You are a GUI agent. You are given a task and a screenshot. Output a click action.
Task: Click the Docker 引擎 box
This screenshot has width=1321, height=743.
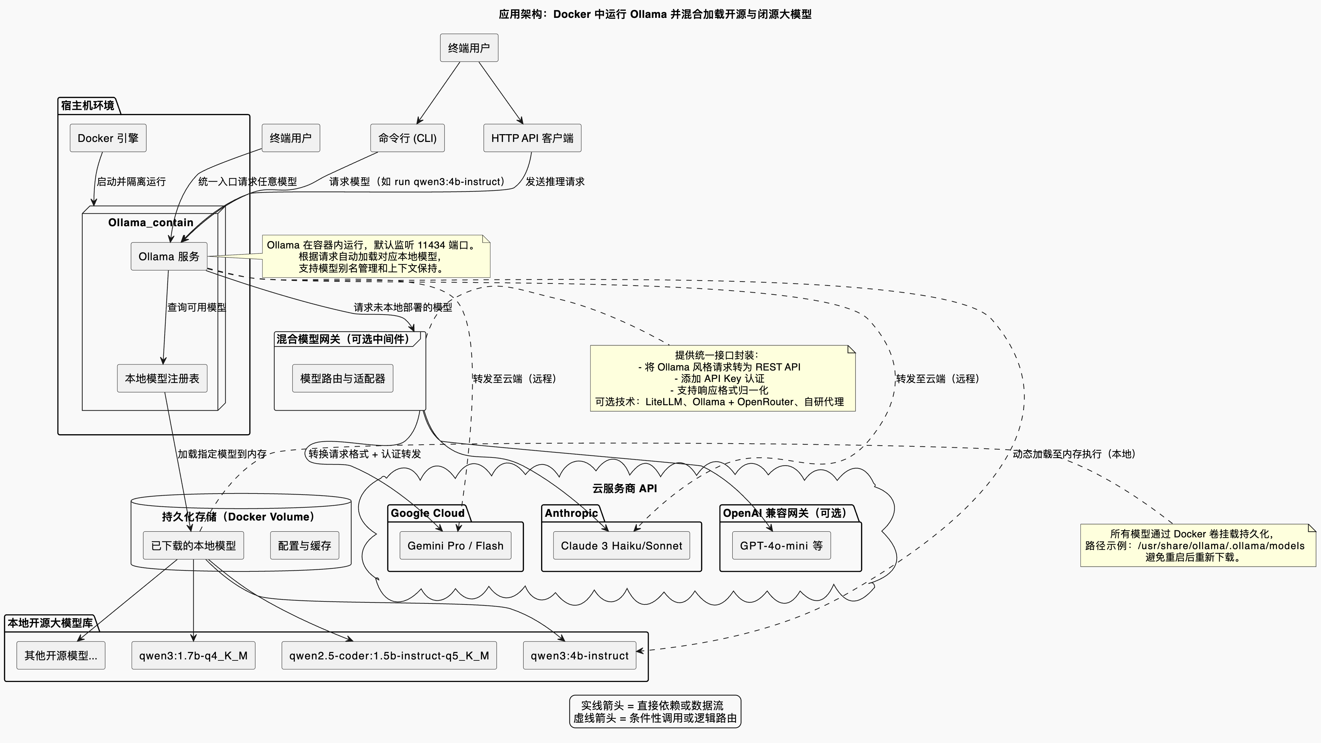[108, 138]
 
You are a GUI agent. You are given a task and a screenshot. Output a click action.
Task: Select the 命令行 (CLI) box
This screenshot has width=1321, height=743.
[407, 138]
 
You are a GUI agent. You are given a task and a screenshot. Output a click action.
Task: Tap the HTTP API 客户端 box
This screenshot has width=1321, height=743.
[532, 138]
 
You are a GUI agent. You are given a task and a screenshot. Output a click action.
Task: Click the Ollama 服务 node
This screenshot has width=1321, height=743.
[169, 256]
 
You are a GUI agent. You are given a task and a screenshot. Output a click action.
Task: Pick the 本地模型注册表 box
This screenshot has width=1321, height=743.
[162, 378]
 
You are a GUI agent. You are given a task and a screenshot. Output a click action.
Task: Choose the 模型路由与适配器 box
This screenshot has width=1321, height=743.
[342, 378]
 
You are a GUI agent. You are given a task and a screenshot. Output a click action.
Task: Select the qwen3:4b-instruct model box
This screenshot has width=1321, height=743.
[580, 655]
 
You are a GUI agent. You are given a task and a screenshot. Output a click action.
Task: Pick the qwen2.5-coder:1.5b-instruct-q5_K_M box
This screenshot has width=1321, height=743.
[389, 655]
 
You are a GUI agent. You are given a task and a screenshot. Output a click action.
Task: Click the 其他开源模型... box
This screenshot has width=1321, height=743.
[60, 655]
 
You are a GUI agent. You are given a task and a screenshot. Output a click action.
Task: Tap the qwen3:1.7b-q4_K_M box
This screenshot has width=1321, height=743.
[193, 655]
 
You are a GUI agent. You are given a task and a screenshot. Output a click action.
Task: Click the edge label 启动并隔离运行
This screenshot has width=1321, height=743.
[131, 181]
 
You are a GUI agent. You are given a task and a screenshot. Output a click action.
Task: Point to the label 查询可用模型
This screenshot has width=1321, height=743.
[196, 307]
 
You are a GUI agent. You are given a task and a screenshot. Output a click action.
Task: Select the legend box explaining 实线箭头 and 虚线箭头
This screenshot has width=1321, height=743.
[655, 711]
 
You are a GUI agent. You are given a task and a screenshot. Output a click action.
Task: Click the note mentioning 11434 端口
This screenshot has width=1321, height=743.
[376, 256]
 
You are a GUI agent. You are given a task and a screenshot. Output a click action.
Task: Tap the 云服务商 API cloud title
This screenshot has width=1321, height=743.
[624, 488]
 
